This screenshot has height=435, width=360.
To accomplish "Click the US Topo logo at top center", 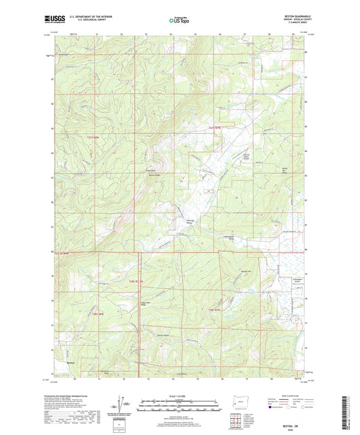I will tap(179, 21).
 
